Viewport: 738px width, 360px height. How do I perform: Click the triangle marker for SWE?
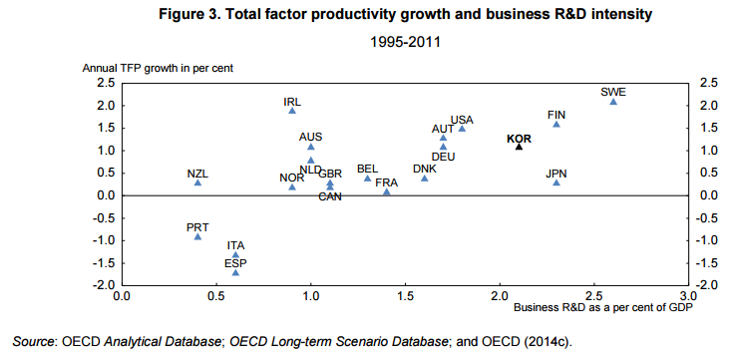(x=613, y=101)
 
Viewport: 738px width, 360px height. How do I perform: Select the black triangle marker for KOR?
(x=519, y=146)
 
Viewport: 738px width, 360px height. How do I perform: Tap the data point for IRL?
(x=292, y=110)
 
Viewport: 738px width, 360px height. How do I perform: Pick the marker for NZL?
(x=197, y=182)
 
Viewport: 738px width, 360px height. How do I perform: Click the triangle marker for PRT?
(x=197, y=236)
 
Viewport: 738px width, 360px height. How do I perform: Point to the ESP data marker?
(x=235, y=272)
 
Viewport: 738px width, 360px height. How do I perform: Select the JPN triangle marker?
(x=556, y=182)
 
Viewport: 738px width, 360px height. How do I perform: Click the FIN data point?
(x=556, y=124)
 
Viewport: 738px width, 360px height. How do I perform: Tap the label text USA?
(x=462, y=120)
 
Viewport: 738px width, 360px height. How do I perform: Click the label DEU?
(x=444, y=157)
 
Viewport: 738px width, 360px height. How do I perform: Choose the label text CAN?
(x=331, y=196)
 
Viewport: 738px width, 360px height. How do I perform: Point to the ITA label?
(x=235, y=244)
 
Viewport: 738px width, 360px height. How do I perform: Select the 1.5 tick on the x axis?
(x=405, y=296)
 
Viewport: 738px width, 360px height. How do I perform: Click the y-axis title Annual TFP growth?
(x=157, y=68)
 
